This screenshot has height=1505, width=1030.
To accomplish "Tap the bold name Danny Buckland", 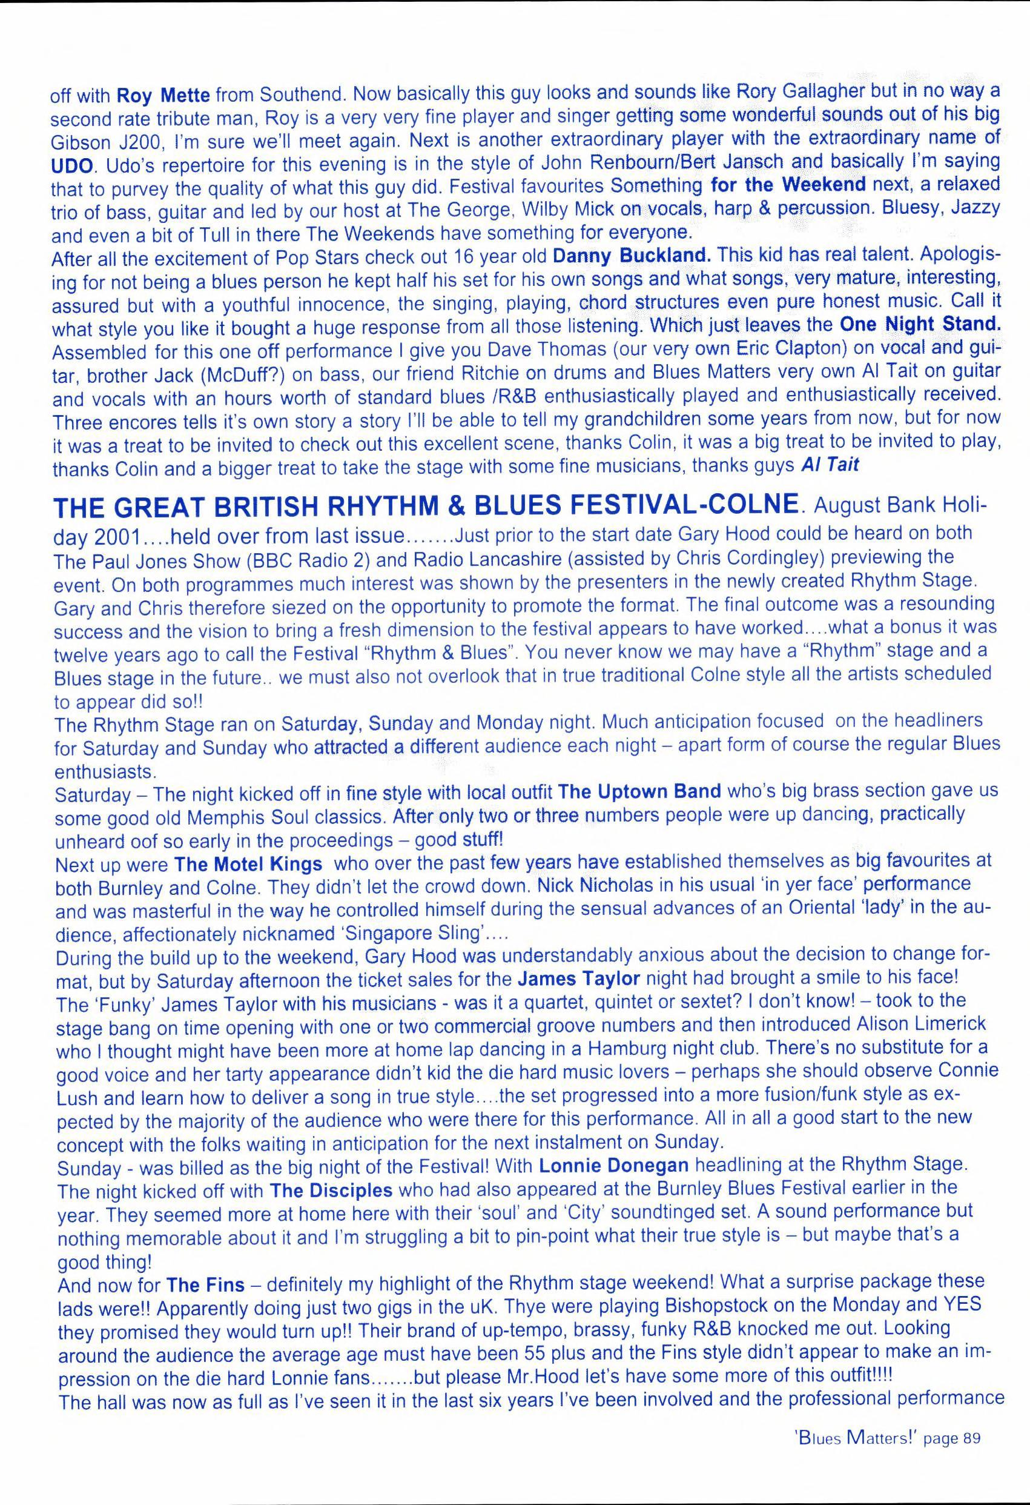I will pyautogui.click(x=632, y=255).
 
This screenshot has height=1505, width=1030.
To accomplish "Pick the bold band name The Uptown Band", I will pyautogui.click(x=639, y=791).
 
